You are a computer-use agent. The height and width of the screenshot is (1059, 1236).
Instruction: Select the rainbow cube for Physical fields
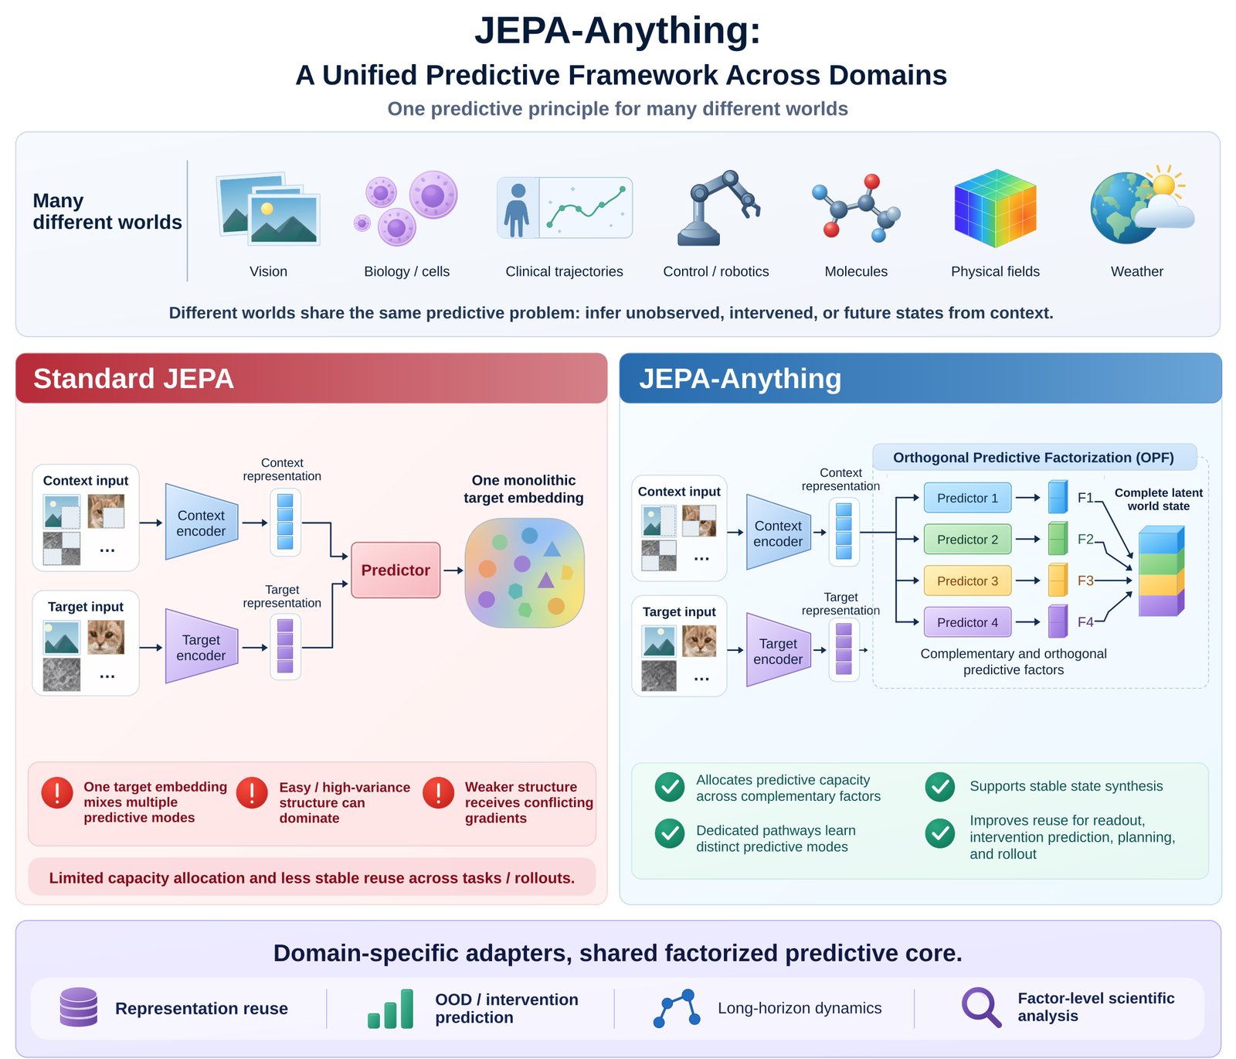(x=995, y=208)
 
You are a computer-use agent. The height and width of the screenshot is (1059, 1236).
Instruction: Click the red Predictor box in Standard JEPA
(x=396, y=570)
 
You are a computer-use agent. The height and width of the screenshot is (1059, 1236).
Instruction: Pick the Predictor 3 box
(x=967, y=581)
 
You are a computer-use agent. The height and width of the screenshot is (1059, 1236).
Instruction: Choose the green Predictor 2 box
(x=967, y=540)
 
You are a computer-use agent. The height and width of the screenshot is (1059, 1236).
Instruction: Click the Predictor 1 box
(x=967, y=498)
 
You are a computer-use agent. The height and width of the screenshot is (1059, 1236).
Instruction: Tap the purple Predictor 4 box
(x=967, y=622)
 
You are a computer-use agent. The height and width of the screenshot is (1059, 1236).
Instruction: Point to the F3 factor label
(x=1085, y=581)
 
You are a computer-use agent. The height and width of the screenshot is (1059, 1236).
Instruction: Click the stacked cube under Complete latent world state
(x=1161, y=570)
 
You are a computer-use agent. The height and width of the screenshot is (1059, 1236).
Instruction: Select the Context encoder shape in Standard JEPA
(x=202, y=523)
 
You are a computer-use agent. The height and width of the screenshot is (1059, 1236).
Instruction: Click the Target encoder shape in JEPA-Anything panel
(x=779, y=650)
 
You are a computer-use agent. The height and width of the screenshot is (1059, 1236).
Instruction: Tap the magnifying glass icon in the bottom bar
(x=981, y=1007)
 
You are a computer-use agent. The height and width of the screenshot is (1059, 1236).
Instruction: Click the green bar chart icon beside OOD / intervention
(x=391, y=1009)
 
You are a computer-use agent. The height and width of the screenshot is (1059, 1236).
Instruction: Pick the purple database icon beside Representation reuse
(x=79, y=1006)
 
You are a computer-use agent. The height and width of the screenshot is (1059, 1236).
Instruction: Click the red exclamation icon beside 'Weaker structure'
(x=439, y=793)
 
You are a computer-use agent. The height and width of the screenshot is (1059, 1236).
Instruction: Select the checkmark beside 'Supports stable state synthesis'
(x=940, y=787)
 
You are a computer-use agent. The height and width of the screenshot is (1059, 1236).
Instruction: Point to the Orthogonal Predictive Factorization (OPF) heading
(x=1034, y=458)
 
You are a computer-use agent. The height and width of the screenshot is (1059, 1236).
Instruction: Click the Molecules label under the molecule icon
(x=856, y=271)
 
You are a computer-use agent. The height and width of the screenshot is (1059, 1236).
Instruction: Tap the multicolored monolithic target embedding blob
(x=525, y=573)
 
